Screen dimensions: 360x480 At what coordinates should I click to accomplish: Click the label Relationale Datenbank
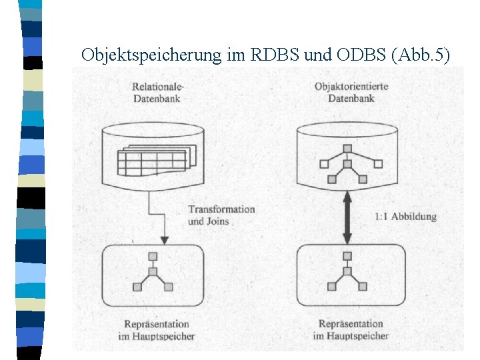[158, 93]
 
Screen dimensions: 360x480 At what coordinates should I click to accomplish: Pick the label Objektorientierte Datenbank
[351, 93]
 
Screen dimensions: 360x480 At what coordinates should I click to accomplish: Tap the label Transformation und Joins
[221, 215]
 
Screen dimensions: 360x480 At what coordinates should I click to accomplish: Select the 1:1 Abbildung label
[405, 216]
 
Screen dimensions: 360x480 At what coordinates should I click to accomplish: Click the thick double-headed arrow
[347, 217]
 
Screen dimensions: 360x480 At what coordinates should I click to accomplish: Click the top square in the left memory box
[153, 256]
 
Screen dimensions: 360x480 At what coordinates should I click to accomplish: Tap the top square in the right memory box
[347, 256]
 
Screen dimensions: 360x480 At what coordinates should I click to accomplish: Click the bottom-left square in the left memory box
[137, 287]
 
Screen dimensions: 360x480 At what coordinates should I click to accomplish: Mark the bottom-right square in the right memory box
[363, 287]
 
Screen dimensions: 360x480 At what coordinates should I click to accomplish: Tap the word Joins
[218, 221]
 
